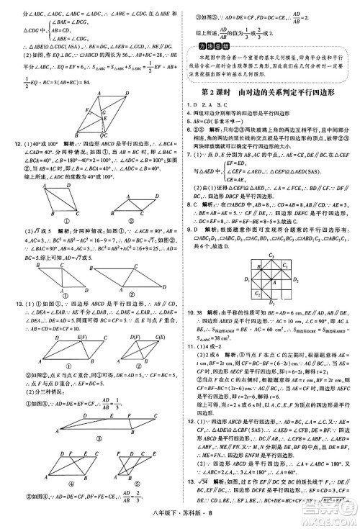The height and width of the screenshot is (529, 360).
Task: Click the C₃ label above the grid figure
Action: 272,256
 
